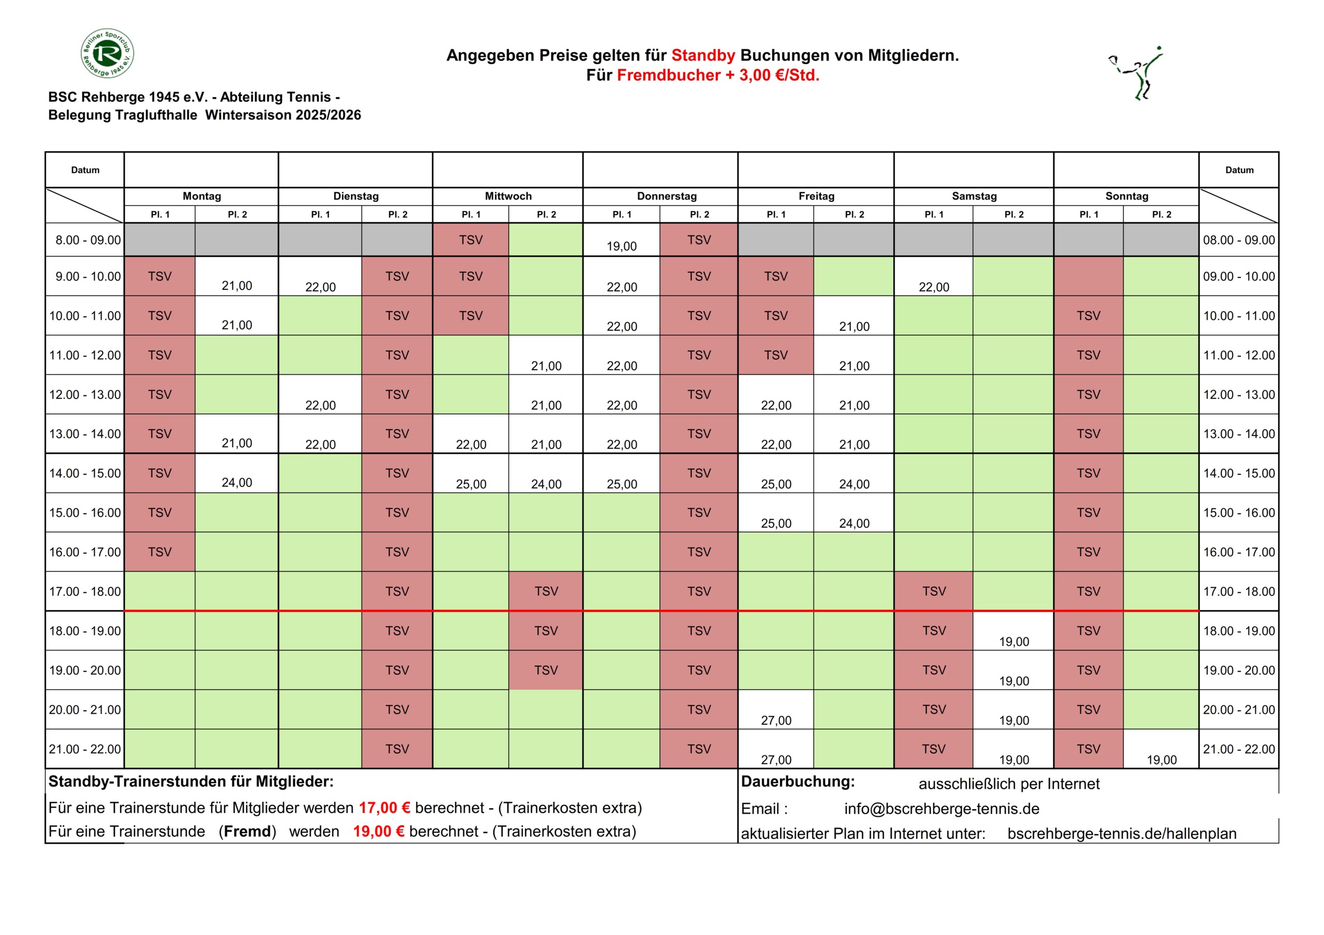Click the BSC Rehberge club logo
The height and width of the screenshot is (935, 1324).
(x=107, y=53)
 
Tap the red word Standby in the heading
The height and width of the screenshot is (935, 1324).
(x=703, y=55)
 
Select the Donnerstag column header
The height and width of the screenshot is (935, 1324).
(x=667, y=196)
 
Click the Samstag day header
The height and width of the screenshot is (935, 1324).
(x=974, y=196)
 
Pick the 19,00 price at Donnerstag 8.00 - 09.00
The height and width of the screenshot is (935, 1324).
(x=621, y=246)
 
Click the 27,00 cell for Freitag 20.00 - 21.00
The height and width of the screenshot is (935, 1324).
(x=776, y=720)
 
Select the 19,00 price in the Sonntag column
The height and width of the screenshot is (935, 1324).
(x=1162, y=760)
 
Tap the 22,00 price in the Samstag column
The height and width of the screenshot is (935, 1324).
(x=934, y=287)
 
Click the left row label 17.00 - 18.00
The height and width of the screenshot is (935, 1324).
(x=85, y=591)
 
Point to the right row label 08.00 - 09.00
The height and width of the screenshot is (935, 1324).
(x=1239, y=240)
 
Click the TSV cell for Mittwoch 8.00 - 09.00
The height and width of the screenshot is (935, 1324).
(x=471, y=240)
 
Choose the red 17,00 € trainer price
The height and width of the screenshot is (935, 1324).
(x=384, y=808)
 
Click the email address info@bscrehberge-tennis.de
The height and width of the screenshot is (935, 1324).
(x=942, y=809)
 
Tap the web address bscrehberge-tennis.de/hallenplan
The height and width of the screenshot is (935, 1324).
(x=1122, y=834)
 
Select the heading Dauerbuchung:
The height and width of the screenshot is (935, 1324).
(x=798, y=781)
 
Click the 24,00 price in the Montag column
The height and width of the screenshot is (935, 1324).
(x=236, y=482)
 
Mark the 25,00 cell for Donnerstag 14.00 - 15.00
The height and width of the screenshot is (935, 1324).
(x=622, y=484)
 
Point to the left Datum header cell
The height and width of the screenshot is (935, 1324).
(x=85, y=170)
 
